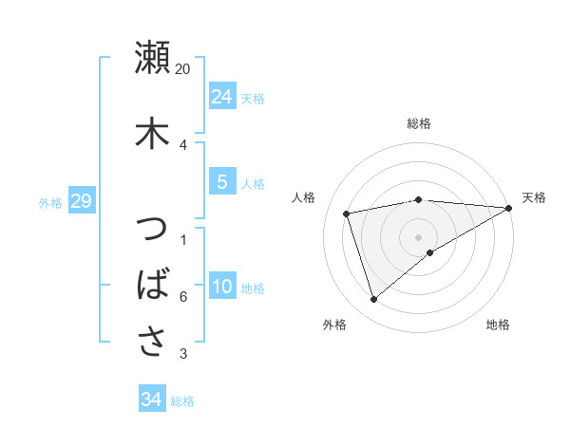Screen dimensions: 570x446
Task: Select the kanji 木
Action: [x=153, y=132]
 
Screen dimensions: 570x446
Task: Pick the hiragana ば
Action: [x=153, y=285]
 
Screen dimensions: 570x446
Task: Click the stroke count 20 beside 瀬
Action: [x=183, y=69]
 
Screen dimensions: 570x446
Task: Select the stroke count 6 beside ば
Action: [x=182, y=297]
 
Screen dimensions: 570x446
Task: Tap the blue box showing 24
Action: [x=221, y=96]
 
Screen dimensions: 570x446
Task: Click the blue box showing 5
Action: [x=221, y=182]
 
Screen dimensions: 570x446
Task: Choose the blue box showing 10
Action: [x=221, y=288]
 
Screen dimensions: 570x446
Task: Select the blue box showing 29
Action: [x=81, y=201]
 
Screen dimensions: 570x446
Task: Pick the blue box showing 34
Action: [x=151, y=400]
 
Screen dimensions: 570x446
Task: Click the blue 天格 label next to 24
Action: [x=253, y=98]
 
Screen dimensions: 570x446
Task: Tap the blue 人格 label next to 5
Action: [x=253, y=183]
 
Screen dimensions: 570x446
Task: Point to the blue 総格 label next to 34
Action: [x=182, y=401]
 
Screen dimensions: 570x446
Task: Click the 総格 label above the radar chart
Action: [x=419, y=123]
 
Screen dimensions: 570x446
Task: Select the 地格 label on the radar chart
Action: [x=498, y=325]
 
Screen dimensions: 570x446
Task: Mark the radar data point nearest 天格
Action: [x=510, y=208]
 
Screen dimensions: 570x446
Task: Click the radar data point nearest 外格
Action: [x=373, y=300]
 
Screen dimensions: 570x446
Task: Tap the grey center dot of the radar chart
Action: [x=419, y=236]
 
